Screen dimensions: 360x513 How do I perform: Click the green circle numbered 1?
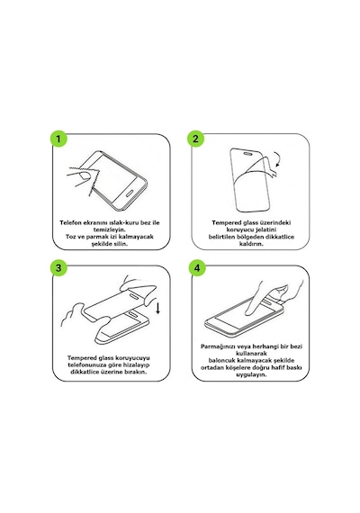pos(58,139)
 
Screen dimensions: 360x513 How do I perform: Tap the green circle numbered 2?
pos(195,139)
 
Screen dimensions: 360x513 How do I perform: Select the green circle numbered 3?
pos(58,268)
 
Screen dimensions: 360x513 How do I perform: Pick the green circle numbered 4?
pos(197,268)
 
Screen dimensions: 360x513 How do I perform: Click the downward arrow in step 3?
pos(158,309)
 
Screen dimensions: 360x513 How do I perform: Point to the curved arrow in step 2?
pos(278,159)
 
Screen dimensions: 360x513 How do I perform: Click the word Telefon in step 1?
pos(70,223)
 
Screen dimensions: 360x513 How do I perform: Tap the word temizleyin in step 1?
pos(110,229)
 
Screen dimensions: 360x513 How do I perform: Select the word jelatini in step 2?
pos(264,229)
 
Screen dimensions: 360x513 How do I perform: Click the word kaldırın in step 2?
pos(251,244)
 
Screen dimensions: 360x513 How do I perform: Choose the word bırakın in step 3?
pos(135,372)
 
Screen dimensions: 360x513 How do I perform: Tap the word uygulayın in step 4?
pos(251,374)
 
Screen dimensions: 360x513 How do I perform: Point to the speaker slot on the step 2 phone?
pos(248,153)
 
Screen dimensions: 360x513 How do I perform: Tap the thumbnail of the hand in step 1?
pos(85,176)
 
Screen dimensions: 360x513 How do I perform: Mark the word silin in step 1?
pos(120,244)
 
